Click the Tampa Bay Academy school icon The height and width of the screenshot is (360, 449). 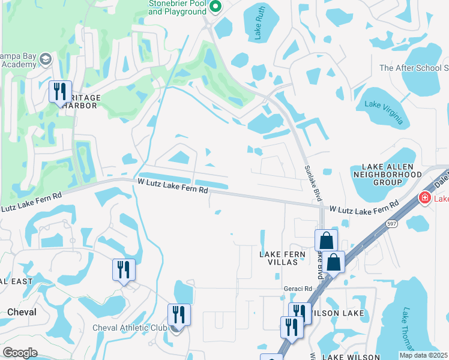pos(46,59)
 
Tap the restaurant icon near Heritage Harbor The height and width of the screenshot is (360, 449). pos(59,92)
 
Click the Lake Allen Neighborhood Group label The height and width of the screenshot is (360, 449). pos(392,173)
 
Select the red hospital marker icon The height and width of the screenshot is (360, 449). pos(424,197)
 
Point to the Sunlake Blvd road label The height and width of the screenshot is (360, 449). pos(310,184)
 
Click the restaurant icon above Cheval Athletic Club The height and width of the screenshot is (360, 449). pos(179,314)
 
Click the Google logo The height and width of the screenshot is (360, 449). pos(20,353)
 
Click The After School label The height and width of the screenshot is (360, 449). pos(414,68)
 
